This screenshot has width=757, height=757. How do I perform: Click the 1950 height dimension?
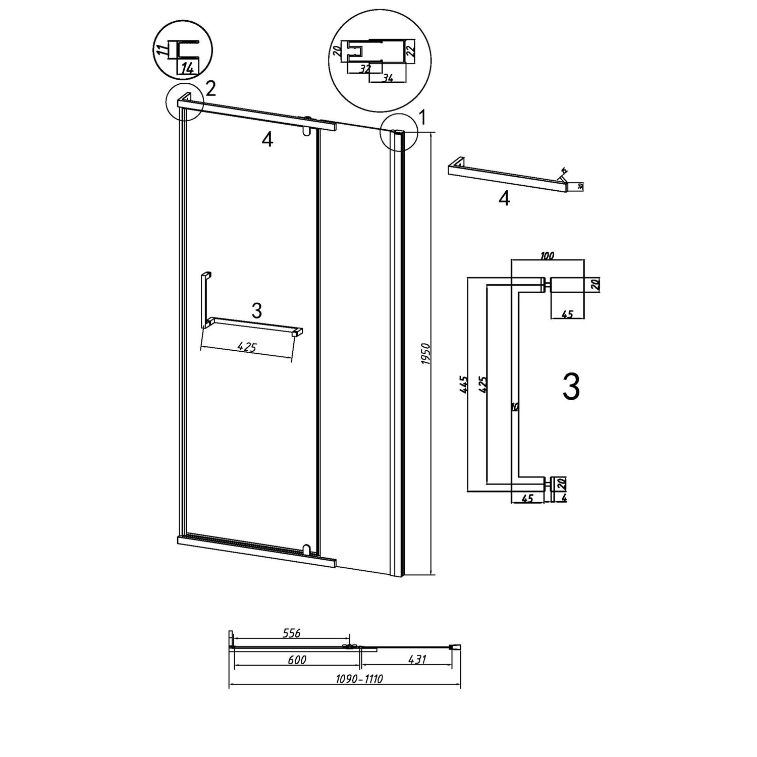[425, 354]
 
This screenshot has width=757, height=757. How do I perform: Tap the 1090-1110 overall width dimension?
[359, 679]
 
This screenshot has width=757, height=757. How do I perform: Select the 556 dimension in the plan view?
[292, 633]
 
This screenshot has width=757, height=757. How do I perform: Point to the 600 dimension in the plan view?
[297, 660]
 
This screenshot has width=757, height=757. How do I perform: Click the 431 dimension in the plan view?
[417, 660]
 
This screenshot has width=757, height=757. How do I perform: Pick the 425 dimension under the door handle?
[247, 347]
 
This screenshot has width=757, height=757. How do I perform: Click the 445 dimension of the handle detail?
[464, 385]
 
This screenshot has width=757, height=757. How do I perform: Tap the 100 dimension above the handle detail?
[547, 255]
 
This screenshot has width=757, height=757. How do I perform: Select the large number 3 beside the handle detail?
[571, 388]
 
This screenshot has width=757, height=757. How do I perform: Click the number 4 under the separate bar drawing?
[504, 199]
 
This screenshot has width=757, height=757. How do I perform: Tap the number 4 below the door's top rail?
[267, 140]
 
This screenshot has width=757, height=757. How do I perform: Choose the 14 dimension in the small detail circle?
[187, 68]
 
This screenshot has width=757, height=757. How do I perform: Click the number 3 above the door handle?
[256, 311]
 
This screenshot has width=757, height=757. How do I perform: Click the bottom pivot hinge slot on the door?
[306, 548]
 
